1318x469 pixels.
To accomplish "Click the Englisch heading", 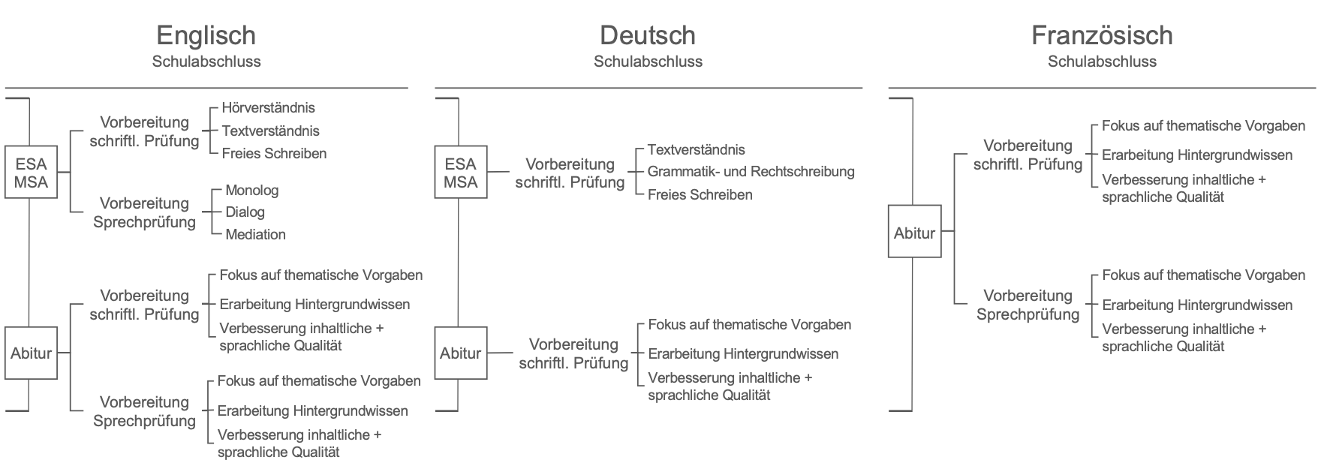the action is [206, 36].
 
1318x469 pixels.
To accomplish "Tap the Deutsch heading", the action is [647, 35].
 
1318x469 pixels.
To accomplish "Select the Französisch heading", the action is [1102, 35].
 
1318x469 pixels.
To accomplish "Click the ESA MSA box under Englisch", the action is [31, 173].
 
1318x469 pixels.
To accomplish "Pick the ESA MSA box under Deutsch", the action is [461, 173].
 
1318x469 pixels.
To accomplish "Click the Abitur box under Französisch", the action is [914, 232].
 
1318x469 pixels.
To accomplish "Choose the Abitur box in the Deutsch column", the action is [461, 353].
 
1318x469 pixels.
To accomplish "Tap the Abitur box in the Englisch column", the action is [31, 353].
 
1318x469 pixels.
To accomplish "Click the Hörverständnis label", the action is [269, 108].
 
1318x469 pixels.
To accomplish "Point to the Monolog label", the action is [252, 191].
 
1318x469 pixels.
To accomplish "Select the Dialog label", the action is [245, 212].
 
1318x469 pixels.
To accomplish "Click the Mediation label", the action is [256, 235].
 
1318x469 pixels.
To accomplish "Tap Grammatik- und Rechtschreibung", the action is [751, 172].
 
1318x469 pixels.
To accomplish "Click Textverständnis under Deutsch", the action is [697, 150].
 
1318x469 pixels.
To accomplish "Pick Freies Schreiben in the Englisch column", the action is [274, 154].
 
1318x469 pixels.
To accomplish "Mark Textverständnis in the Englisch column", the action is [271, 131].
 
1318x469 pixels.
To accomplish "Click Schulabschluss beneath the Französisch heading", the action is [1102, 62].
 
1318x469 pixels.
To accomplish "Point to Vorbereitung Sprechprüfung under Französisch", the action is [1028, 305].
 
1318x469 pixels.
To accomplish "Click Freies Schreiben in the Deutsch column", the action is [700, 195].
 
